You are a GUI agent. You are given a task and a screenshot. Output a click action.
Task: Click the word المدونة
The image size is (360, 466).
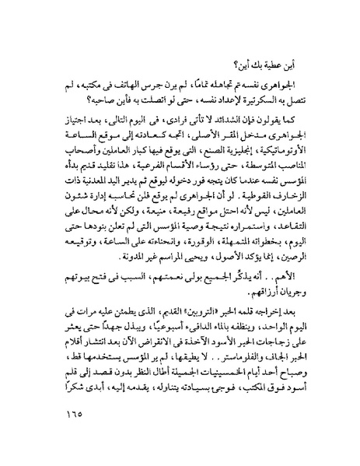(x=92, y=240)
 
